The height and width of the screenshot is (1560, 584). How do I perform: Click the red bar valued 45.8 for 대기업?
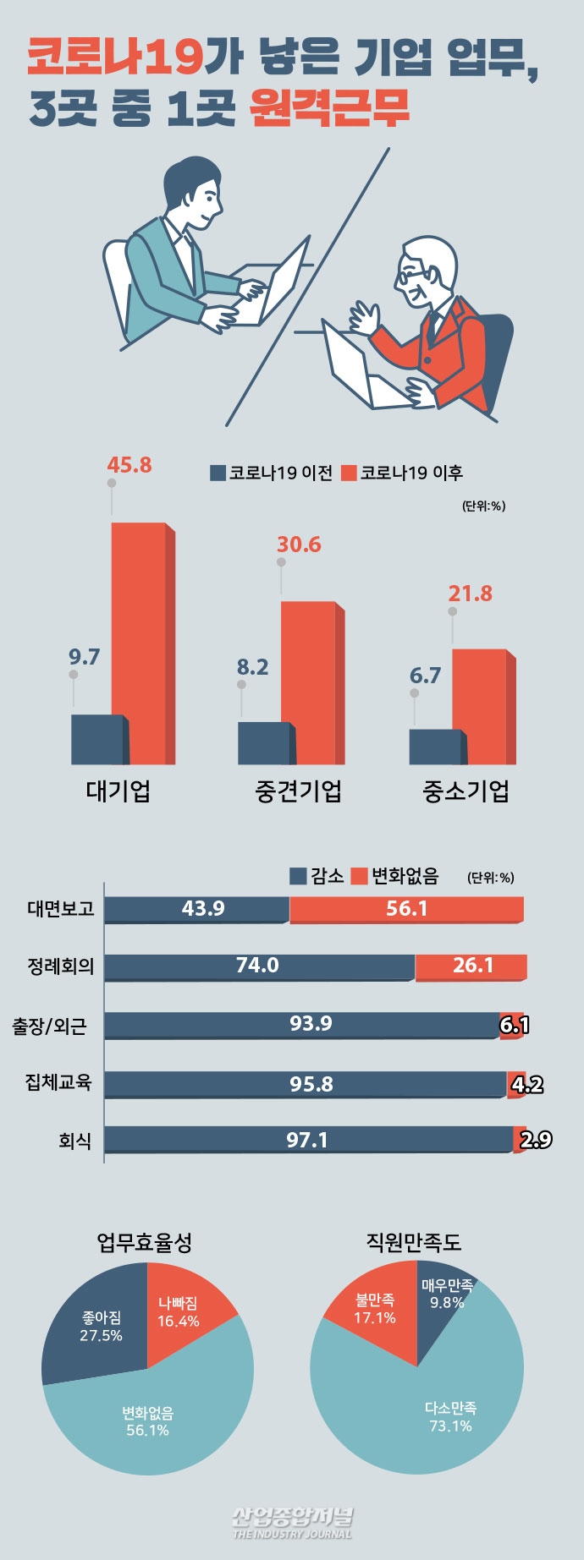point(139,643)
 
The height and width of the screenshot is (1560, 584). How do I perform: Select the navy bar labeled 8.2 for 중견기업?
point(263,743)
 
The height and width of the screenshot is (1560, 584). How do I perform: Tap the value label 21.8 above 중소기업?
point(470,594)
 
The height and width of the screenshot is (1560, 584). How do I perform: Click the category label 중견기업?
point(298,791)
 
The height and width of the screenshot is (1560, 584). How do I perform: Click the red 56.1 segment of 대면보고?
point(406,909)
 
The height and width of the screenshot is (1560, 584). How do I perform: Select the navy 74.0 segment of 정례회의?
point(258,966)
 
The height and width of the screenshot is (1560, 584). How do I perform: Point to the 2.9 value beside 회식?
point(535,1140)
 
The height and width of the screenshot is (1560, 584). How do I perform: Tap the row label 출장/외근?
point(49,1026)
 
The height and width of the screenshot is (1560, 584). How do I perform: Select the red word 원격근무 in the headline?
point(330,107)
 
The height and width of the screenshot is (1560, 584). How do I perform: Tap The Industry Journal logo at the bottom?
point(292,1521)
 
